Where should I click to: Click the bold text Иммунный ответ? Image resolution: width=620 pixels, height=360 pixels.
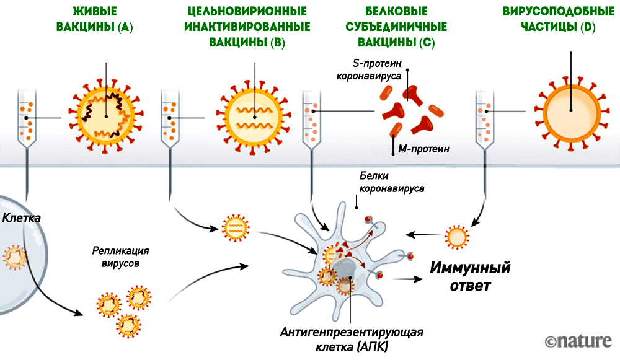click(x=471, y=276)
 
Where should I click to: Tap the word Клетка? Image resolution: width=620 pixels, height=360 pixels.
click(x=22, y=218)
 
